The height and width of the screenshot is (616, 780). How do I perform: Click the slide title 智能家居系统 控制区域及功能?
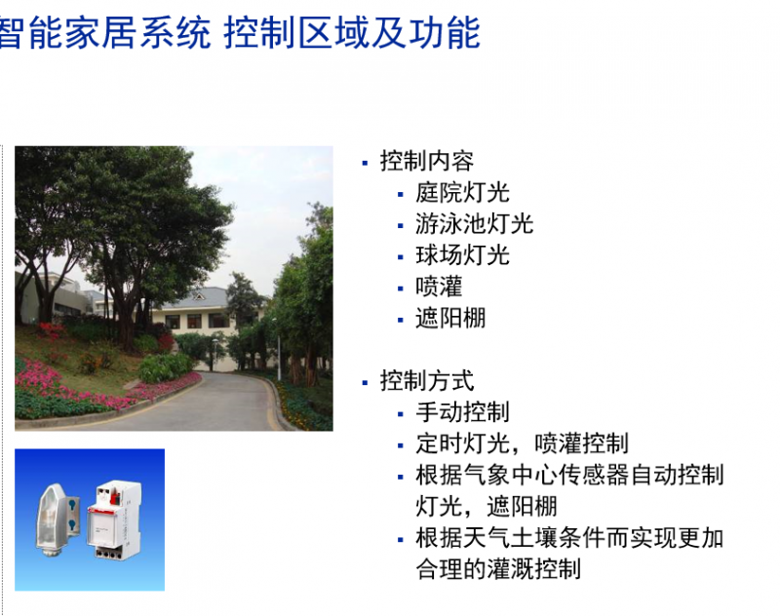[x=240, y=33]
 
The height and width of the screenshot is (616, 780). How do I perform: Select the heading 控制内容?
[x=427, y=161]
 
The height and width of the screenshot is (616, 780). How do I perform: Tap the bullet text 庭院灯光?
[x=462, y=193]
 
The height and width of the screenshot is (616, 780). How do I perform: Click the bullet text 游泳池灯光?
[x=474, y=224]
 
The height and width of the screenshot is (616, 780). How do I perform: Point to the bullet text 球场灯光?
[x=462, y=255]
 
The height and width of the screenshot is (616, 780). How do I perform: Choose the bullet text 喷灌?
[x=439, y=287]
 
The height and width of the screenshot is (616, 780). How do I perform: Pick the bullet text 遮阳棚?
[x=450, y=318]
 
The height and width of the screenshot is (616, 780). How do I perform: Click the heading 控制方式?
[x=427, y=381]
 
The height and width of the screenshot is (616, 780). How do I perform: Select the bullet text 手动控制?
[x=462, y=412]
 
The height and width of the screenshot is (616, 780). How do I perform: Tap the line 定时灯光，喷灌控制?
[x=522, y=443]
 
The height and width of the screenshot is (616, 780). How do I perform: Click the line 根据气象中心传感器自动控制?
[x=569, y=475]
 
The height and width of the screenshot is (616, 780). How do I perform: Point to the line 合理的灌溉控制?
[x=498, y=569]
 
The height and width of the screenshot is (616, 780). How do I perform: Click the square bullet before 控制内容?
[x=365, y=163]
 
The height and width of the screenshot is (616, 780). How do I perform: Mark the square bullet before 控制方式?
[x=365, y=382]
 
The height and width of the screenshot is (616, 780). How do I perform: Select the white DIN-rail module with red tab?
[x=114, y=520]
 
